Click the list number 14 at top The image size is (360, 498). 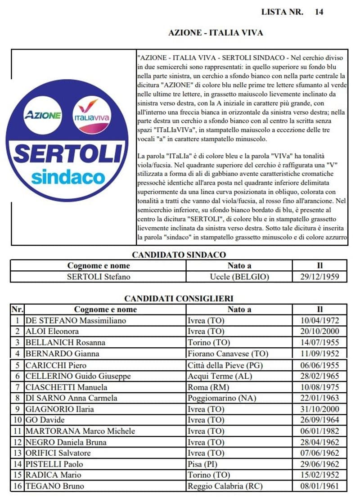click(x=319, y=12)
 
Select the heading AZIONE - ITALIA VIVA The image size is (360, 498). click(x=215, y=33)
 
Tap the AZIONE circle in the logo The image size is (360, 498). click(x=43, y=115)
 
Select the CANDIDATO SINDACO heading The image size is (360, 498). click(x=179, y=255)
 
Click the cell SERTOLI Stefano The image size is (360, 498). click(x=98, y=277)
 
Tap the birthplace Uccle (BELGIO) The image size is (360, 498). click(x=239, y=277)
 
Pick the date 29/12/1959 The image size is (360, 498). click(x=319, y=277)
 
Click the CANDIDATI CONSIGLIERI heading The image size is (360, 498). click(x=179, y=298)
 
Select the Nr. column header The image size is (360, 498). click(x=17, y=310)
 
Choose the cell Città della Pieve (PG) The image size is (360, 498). click(x=220, y=365)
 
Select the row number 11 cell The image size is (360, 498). click(x=17, y=431)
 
